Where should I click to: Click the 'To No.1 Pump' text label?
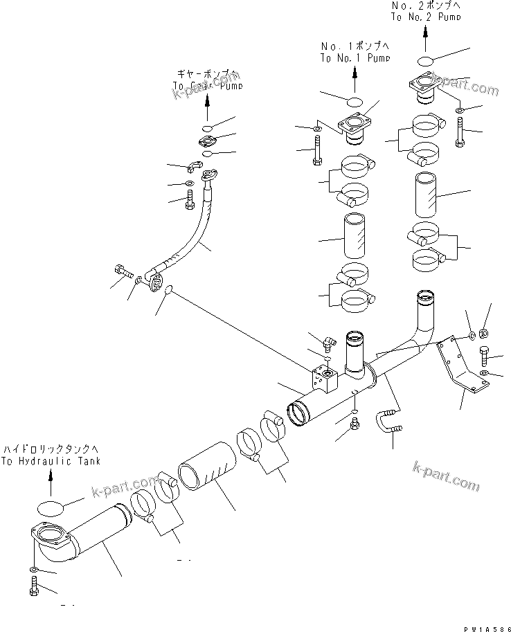355,59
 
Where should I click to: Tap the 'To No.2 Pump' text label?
426,17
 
